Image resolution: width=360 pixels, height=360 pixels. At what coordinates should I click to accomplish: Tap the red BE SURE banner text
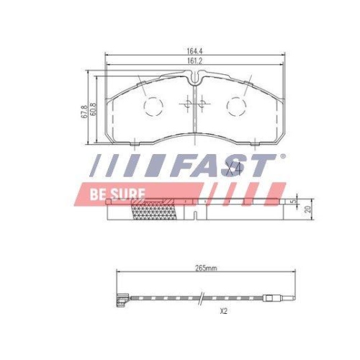(117, 194)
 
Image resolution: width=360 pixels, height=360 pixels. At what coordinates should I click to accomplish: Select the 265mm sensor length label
(206, 268)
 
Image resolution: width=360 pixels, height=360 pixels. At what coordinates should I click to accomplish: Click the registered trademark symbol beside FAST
(281, 156)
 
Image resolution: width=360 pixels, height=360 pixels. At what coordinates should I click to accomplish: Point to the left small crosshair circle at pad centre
(188, 106)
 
